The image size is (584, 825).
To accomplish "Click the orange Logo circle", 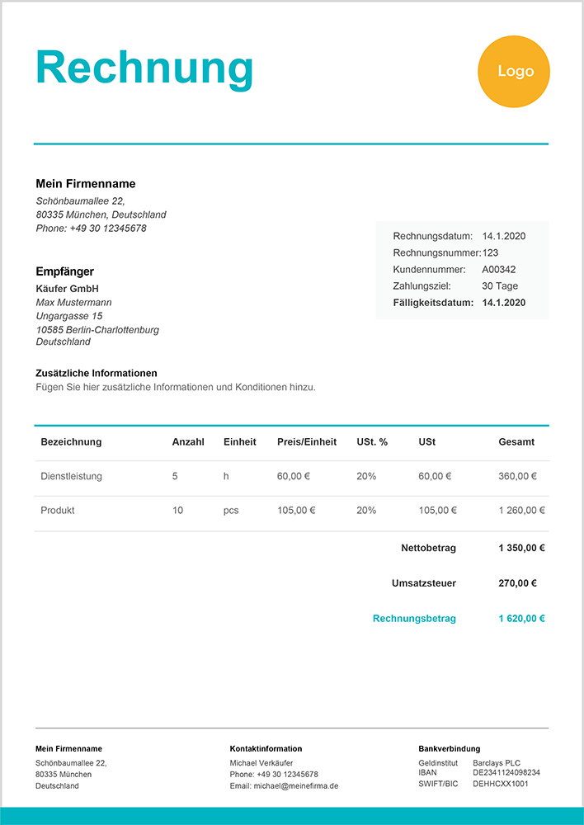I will (514, 72).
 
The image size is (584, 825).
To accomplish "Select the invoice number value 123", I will (491, 252).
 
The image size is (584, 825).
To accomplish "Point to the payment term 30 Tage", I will (500, 285).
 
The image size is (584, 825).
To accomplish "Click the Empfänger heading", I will (65, 271).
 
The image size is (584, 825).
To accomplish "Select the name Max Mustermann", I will (74, 303).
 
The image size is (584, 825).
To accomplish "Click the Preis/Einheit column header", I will (307, 442).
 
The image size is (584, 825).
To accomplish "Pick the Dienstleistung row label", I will (71, 476).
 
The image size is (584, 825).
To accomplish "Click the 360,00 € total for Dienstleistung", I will (518, 476).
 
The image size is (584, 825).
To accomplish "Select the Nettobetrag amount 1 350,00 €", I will (522, 548).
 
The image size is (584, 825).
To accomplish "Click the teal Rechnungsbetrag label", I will (414, 618).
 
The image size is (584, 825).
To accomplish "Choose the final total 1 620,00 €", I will (522, 618).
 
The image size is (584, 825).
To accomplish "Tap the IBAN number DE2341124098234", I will (506, 773).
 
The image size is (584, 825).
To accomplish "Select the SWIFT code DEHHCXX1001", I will (501, 784).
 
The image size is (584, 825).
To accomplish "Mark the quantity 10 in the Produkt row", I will (178, 511).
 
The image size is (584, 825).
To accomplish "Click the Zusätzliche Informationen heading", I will (97, 373).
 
